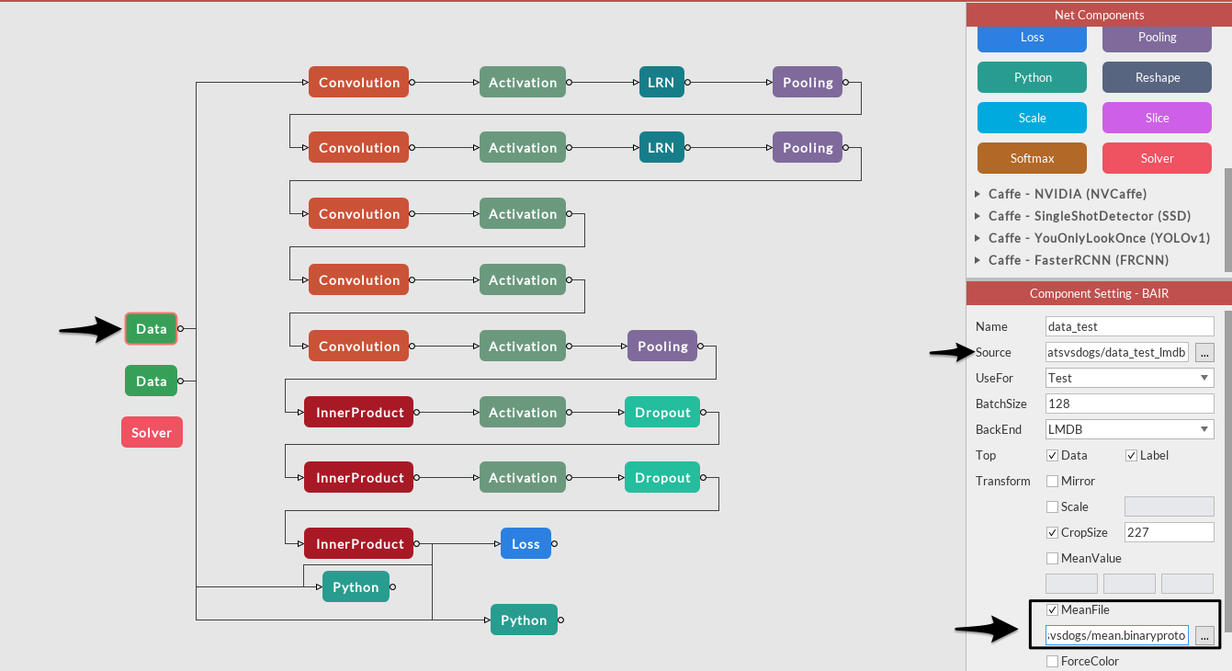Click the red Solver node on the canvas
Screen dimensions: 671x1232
click(152, 432)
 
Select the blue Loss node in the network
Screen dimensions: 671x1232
click(526, 543)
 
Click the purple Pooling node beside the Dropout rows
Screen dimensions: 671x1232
click(662, 347)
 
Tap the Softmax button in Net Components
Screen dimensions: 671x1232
click(1032, 158)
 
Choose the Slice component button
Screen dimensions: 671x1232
click(1157, 118)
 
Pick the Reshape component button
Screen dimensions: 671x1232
click(1157, 77)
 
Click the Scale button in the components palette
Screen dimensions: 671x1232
click(1032, 118)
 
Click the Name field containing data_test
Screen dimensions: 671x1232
click(1130, 326)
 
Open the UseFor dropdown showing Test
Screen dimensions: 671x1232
click(1130, 378)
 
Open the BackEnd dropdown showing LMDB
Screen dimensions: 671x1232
click(1130, 429)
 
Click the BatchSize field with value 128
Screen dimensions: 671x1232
click(1130, 404)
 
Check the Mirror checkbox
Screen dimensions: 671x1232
click(1052, 481)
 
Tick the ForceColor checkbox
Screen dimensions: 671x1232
click(1052, 661)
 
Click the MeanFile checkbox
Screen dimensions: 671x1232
click(1052, 609)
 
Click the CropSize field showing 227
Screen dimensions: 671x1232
click(1169, 532)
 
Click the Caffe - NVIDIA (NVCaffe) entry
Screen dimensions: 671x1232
click(1067, 194)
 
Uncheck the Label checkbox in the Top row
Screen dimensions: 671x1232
click(1131, 455)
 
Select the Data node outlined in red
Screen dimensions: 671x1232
click(152, 329)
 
